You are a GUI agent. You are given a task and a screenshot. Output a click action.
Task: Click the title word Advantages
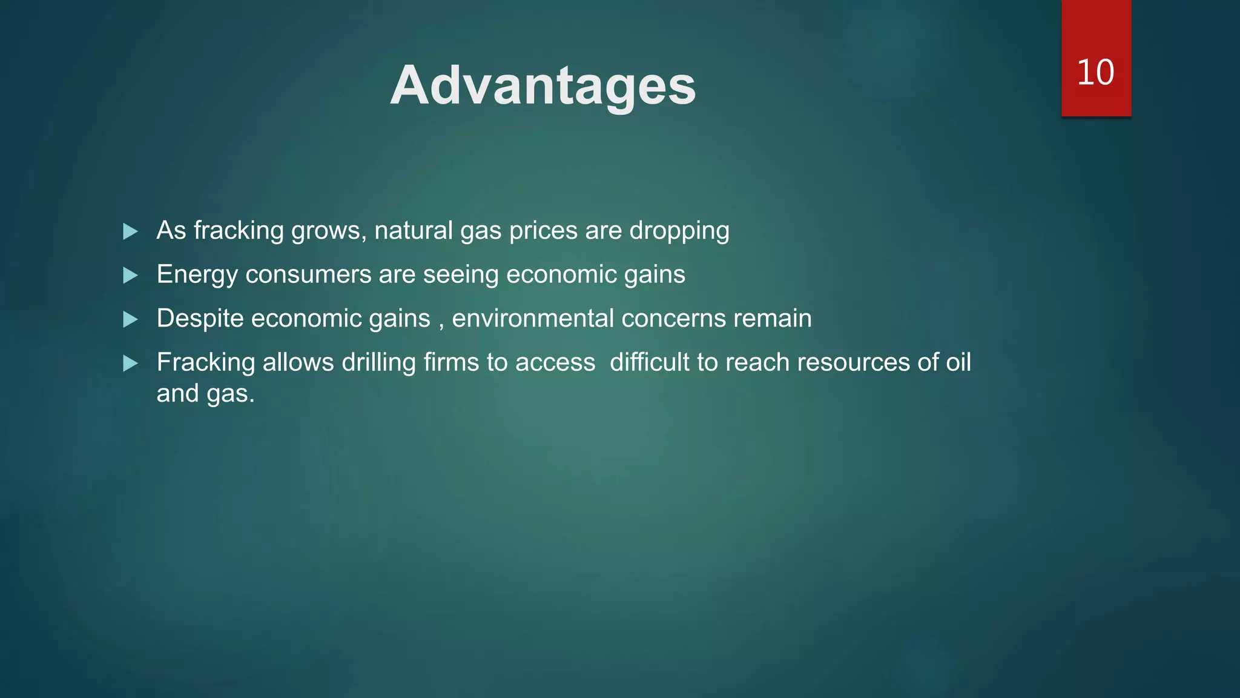pyautogui.click(x=542, y=85)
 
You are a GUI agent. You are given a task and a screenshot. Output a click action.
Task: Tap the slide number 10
pyautogui.click(x=1095, y=72)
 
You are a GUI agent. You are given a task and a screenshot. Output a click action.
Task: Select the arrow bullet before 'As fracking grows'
pyautogui.click(x=130, y=231)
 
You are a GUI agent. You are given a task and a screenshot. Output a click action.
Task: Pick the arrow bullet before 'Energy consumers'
pyautogui.click(x=130, y=276)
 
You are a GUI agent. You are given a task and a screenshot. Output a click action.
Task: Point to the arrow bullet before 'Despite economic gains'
pyautogui.click(x=130, y=319)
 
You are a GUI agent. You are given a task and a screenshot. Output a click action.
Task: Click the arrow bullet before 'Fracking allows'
pyautogui.click(x=130, y=364)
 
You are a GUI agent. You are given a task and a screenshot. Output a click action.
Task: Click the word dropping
pyautogui.click(x=679, y=231)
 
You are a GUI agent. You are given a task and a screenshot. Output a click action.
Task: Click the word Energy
pyautogui.click(x=197, y=275)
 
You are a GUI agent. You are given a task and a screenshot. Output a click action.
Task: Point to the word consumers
pyautogui.click(x=308, y=274)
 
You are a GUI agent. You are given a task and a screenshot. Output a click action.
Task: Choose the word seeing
pyautogui.click(x=460, y=275)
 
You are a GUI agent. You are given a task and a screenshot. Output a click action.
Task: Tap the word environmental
pyautogui.click(x=532, y=318)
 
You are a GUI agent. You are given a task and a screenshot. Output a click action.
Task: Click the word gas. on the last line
pyautogui.click(x=231, y=394)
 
